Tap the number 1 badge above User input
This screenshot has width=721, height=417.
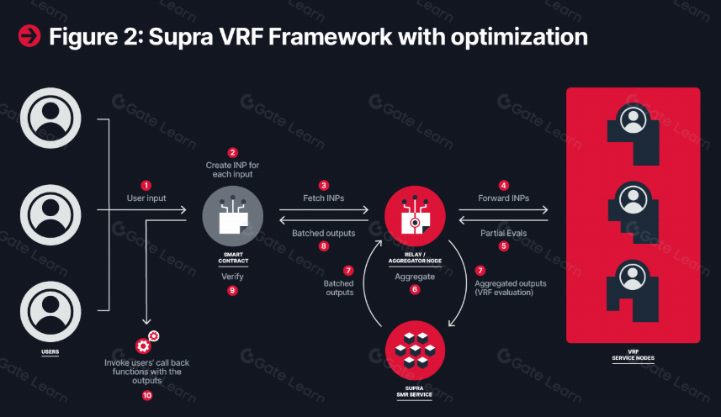[x=146, y=185]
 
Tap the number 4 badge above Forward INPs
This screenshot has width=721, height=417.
[x=504, y=185]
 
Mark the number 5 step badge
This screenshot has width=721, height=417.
[x=504, y=246]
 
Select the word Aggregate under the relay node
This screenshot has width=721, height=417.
[x=414, y=276]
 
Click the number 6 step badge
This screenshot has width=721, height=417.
[x=414, y=289]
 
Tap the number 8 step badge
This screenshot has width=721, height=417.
[x=323, y=246]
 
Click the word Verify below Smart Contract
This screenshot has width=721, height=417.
[x=232, y=276]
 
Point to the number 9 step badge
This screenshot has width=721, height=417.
[x=232, y=290]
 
